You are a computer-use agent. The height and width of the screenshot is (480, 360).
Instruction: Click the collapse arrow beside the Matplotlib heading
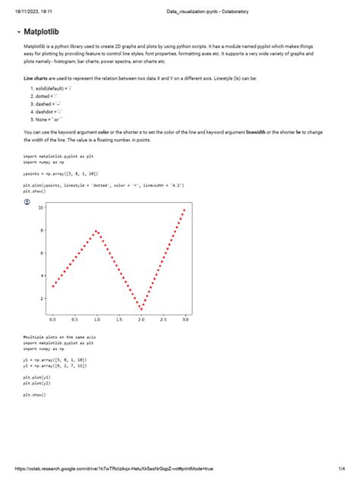click(x=17, y=33)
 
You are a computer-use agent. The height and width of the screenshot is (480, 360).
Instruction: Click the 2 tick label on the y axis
click(x=42, y=298)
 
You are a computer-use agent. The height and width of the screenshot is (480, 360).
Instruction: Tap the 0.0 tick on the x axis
click(x=52, y=321)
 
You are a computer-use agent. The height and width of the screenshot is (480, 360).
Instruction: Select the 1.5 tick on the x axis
click(x=118, y=321)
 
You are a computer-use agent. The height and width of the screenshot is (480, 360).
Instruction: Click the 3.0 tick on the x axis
click(x=185, y=321)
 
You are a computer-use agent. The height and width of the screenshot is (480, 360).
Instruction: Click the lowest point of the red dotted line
click(x=141, y=309)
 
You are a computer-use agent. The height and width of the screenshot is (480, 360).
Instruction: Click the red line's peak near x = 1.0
click(x=96, y=230)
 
